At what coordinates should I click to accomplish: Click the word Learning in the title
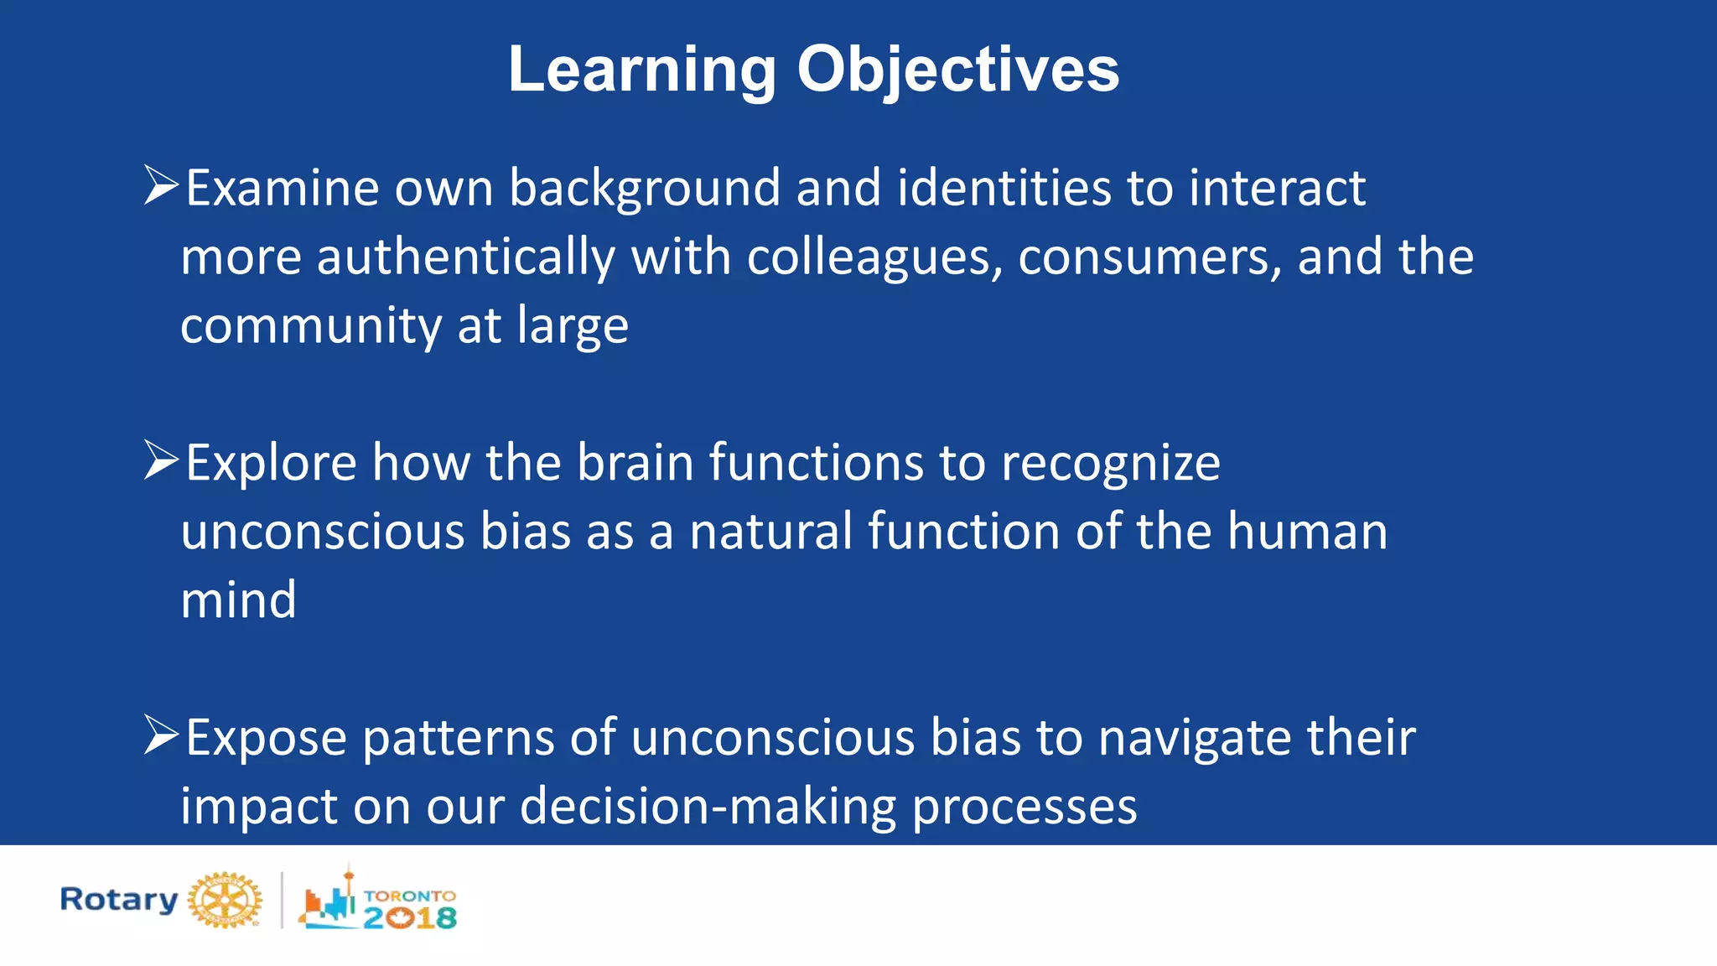click(x=642, y=70)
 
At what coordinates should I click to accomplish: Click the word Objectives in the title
click(x=957, y=70)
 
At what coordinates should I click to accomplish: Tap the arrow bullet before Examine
click(x=161, y=185)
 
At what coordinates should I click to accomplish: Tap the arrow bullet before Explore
click(x=161, y=460)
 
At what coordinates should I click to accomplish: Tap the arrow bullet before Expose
click(x=161, y=735)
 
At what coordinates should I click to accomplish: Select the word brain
click(x=635, y=463)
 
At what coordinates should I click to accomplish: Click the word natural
click(x=771, y=532)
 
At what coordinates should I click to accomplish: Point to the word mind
click(x=239, y=600)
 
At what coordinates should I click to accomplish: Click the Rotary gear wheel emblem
click(x=225, y=901)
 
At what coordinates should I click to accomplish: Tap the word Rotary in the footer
click(x=118, y=900)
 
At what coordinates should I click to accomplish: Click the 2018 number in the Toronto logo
click(x=411, y=918)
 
